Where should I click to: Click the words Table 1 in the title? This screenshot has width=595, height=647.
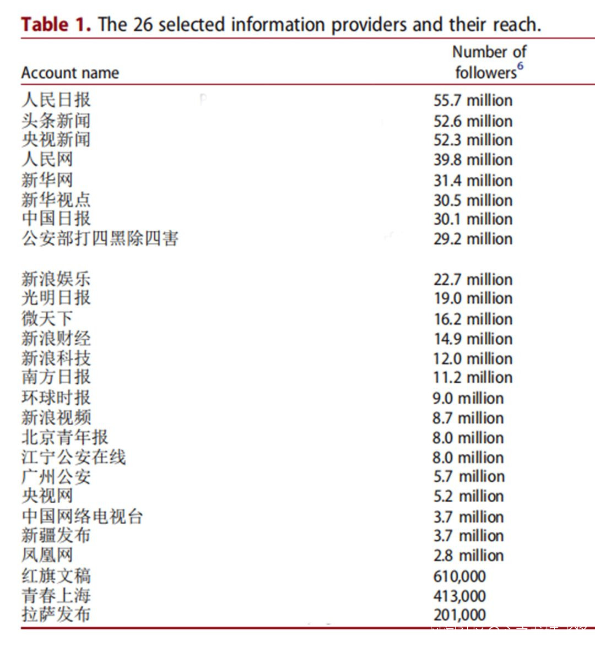[x=56, y=25]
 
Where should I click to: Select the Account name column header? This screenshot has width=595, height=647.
[x=70, y=73]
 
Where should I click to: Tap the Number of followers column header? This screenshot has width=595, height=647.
[x=489, y=62]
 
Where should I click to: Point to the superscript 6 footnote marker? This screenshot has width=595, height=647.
[x=520, y=66]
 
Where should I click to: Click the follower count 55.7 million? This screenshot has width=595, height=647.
[x=473, y=100]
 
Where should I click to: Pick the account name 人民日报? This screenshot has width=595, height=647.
[x=56, y=100]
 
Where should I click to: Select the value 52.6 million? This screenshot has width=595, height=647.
[x=473, y=121]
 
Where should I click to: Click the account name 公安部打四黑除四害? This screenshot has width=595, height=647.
[x=100, y=238]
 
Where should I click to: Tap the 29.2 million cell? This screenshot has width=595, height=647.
[x=473, y=239]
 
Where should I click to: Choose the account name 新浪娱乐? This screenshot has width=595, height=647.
[x=56, y=279]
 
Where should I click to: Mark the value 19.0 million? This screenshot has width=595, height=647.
[x=473, y=298]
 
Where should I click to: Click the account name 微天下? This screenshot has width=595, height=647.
[x=47, y=318]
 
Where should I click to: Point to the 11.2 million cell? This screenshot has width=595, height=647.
[x=473, y=378]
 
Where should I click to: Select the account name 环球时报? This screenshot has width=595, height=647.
[x=56, y=398]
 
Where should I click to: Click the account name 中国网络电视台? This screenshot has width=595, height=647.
[x=82, y=516]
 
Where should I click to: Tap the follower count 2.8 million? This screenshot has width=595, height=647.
[x=468, y=556]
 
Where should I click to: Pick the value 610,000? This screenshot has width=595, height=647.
[x=459, y=577]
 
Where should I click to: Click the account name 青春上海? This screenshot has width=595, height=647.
[x=56, y=596]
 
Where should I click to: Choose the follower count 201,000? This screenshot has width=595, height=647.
[x=459, y=615]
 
